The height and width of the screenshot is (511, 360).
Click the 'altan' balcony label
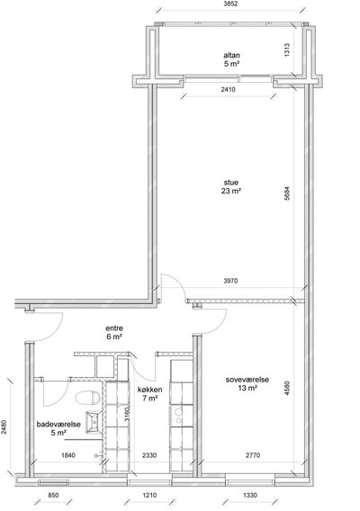coord(231,55)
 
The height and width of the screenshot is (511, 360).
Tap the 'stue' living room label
coord(231,182)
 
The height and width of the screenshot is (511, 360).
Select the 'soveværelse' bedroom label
coord(247,380)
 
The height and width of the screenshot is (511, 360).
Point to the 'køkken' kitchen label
coord(150,390)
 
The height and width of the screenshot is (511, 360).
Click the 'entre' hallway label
coord(114,328)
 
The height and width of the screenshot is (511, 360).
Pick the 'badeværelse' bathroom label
coord(58,425)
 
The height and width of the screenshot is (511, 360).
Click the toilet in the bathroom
coord(87,398)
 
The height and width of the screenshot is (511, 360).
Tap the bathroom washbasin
coord(94,422)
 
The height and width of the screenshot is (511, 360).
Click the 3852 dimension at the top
coord(231,4)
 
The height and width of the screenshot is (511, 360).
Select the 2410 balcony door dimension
coord(229,89)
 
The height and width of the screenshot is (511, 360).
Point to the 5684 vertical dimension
coord(287,193)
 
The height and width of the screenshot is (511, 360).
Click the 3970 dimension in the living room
coord(230,281)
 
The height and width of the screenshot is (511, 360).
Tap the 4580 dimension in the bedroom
coord(287,389)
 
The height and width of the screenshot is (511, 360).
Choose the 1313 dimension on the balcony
coord(287,50)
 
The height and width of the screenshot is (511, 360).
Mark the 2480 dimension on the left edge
coord(4,427)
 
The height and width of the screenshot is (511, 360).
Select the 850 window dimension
coord(53,496)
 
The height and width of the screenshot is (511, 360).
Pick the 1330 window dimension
coord(250,496)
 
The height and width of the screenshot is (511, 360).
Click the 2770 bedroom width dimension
coord(253,455)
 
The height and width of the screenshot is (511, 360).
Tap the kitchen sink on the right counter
coord(179,415)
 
